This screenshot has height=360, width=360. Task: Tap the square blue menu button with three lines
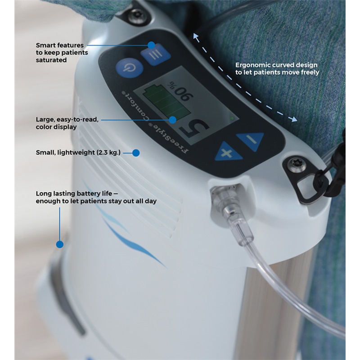155,54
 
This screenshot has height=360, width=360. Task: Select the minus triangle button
251,140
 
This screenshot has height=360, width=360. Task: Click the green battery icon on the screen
165,101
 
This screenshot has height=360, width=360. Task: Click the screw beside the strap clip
297,164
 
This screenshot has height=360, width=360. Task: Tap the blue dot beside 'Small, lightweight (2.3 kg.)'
136,153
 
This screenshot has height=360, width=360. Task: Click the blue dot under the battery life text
60,244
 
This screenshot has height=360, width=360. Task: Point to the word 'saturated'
51,60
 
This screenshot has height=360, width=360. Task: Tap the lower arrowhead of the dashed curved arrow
294,119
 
